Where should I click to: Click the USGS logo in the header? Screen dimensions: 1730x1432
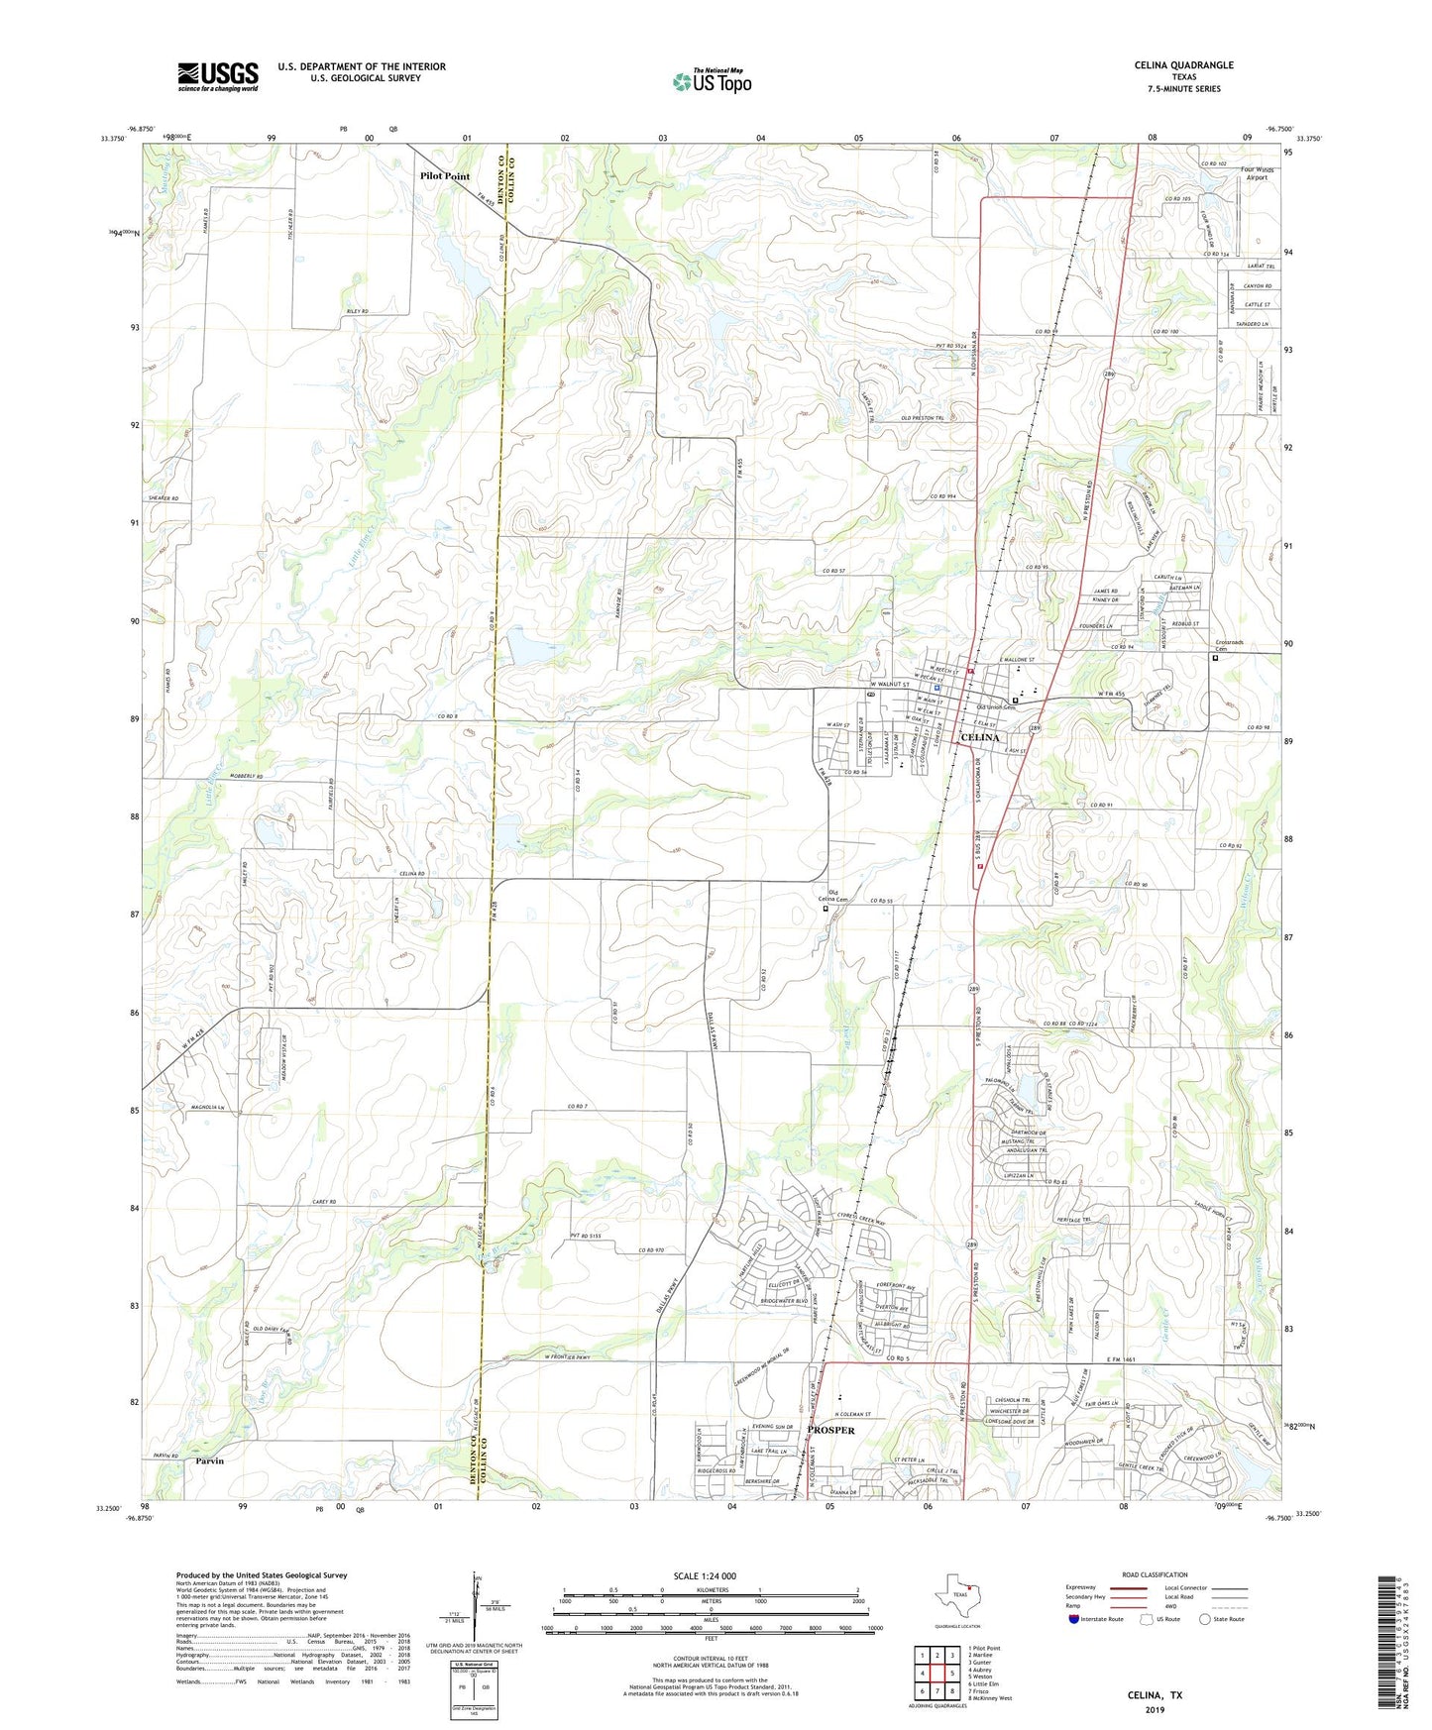(x=218, y=75)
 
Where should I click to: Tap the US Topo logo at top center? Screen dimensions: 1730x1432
(x=711, y=81)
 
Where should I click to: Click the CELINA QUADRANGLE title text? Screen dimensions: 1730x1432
(x=1183, y=65)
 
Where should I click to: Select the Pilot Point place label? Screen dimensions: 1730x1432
(x=445, y=176)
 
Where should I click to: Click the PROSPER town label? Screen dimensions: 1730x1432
(x=830, y=1431)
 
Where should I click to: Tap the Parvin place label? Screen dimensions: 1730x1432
(x=209, y=1461)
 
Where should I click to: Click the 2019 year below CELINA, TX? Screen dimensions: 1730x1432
(x=1155, y=1710)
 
